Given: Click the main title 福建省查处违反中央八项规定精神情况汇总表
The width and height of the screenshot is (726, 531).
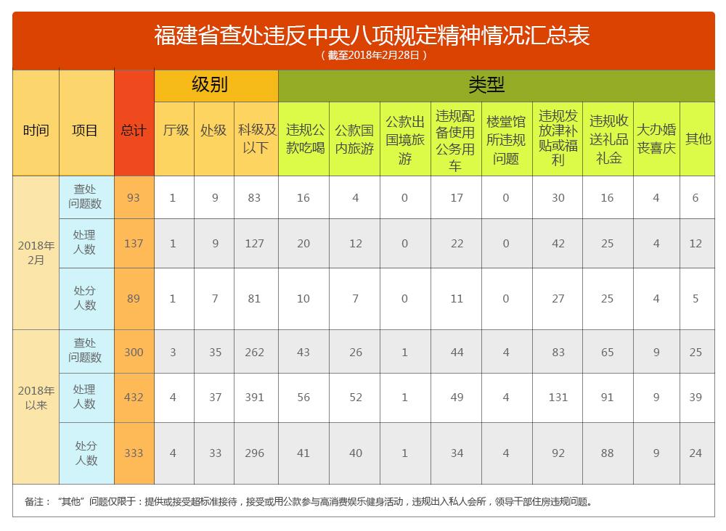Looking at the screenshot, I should [371, 36].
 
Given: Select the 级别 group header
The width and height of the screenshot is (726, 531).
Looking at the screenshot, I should [209, 85].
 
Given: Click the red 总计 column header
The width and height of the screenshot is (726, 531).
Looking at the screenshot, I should [134, 131].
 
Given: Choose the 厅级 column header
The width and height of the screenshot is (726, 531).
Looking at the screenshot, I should [176, 131].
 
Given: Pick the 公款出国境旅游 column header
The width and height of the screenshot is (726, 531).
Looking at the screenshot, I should [404, 140].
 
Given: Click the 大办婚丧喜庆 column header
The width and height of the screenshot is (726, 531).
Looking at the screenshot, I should [656, 139].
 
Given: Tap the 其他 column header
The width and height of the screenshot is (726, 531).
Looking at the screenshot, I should [698, 139].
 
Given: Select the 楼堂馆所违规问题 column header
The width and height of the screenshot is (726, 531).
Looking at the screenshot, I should [506, 140].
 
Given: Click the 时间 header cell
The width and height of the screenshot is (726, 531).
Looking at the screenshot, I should [36, 131].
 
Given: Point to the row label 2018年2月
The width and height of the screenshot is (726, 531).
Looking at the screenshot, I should [36, 252].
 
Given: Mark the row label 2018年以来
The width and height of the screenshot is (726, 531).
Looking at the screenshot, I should [36, 398].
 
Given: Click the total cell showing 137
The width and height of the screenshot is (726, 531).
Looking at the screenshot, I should [134, 244].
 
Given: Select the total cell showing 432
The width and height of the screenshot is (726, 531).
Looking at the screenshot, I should [134, 398].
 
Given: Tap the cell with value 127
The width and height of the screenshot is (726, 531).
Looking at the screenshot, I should [254, 244].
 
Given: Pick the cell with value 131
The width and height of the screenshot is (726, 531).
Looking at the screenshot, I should [558, 398].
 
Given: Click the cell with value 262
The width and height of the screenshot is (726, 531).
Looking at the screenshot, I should [254, 353].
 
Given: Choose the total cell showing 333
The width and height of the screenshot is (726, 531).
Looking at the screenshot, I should [134, 453].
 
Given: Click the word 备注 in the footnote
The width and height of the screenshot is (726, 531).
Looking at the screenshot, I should [34, 501].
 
